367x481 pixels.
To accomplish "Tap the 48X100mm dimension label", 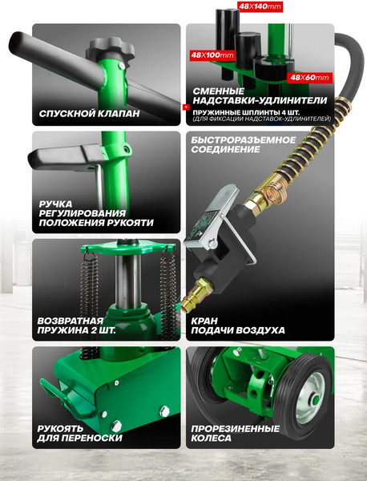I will [212, 55].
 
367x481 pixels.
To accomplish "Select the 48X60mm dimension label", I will [309, 78].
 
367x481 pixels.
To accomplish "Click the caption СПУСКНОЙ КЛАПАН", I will [89, 114].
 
